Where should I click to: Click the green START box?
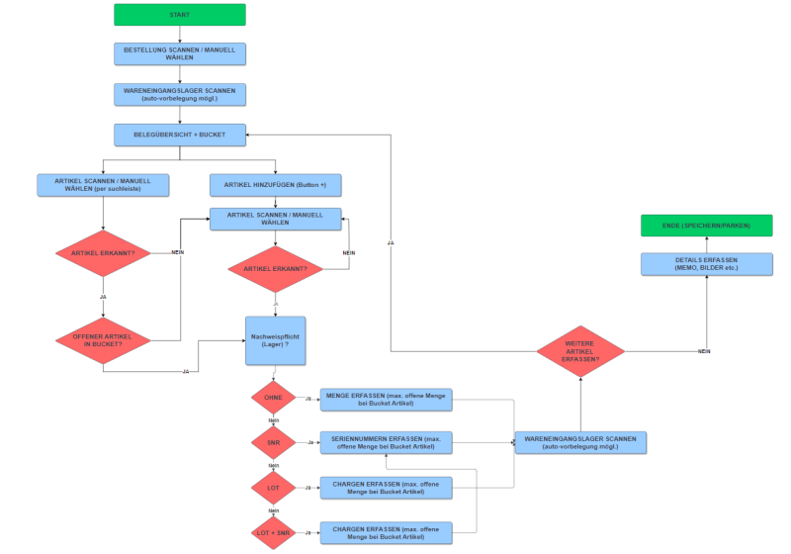tap(179, 14)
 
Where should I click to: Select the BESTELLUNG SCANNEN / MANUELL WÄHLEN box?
tap(179, 53)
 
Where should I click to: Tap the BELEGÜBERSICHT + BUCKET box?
tap(179, 134)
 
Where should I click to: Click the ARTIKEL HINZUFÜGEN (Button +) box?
tap(275, 185)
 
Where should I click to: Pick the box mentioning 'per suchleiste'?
tap(103, 185)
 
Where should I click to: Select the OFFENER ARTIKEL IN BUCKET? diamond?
tap(103, 339)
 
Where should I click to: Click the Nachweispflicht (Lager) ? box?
tap(275, 341)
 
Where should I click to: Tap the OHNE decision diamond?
tap(274, 398)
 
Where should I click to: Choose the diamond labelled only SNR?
tap(274, 442)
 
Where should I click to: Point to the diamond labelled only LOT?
tap(274, 487)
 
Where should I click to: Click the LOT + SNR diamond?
tap(274, 531)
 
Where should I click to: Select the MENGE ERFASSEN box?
tap(385, 399)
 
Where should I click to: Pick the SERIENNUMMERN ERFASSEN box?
tap(385, 442)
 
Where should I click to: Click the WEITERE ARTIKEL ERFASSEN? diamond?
tap(580, 351)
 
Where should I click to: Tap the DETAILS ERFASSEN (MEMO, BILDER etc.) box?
tap(706, 264)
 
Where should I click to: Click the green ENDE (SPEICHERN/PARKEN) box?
tap(706, 226)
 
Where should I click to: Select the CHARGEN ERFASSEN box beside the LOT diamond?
tap(385, 487)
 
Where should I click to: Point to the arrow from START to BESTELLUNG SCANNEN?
tap(179, 34)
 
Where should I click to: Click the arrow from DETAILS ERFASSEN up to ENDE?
tap(706, 244)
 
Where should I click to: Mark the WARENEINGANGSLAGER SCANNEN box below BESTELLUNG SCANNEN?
tap(179, 94)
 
